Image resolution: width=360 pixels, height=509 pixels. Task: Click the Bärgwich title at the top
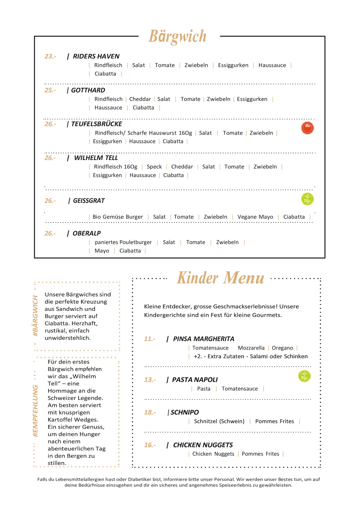(x=177, y=37)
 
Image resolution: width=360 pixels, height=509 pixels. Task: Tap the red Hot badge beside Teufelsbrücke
(x=307, y=128)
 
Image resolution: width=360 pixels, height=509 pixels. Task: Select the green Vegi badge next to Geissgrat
(x=307, y=199)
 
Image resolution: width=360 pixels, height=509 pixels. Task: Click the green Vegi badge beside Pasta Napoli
(x=304, y=376)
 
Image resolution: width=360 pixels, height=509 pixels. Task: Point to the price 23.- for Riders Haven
(x=50, y=56)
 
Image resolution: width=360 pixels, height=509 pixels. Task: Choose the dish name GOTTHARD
(x=88, y=90)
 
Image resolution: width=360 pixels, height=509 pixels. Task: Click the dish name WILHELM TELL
(x=96, y=158)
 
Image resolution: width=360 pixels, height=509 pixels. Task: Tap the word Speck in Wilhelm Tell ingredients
(x=154, y=167)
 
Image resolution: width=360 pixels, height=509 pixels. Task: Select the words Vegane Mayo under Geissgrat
(x=255, y=217)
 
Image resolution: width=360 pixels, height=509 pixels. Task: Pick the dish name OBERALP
(x=87, y=233)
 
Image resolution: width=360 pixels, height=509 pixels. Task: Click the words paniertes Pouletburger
(x=123, y=242)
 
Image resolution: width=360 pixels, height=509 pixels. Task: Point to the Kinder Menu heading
(x=220, y=278)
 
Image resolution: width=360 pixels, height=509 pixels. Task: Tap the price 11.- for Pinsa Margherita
(x=150, y=339)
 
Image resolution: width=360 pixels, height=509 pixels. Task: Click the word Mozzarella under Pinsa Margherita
(x=251, y=348)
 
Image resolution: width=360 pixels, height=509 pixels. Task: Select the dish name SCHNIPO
(x=185, y=412)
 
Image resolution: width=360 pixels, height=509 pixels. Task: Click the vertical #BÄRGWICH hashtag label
(x=36, y=316)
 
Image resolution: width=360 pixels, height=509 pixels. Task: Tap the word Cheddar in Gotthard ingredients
(x=140, y=99)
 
